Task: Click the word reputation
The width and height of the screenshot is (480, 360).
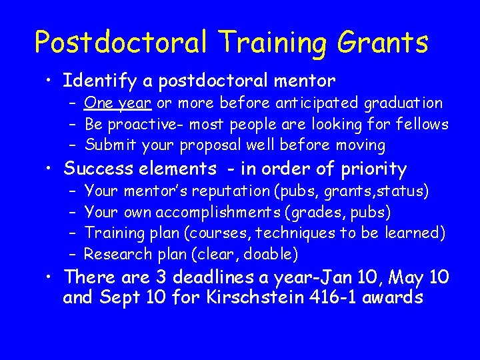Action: coord(231,192)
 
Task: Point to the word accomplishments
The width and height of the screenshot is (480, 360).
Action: coord(233,213)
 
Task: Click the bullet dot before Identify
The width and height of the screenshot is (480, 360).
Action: coord(50,82)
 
